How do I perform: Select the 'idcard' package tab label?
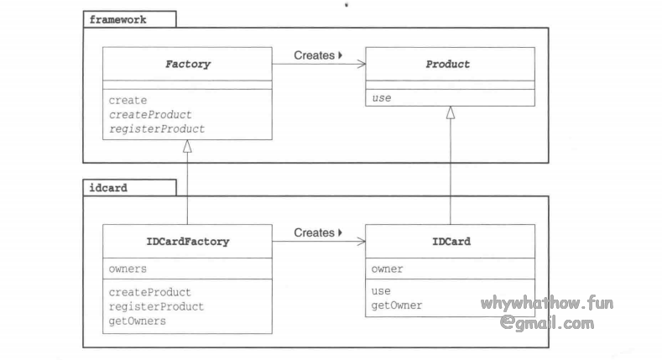[108, 188]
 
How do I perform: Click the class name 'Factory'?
[187, 64]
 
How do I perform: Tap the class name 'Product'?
[450, 64]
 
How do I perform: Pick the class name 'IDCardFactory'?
[187, 242]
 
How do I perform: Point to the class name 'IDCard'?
[450, 242]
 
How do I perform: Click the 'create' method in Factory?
[128, 100]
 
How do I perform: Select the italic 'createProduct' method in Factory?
[150, 114]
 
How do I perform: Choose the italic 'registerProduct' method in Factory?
[156, 128]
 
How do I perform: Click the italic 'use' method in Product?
[381, 98]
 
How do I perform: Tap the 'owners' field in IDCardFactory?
[128, 269]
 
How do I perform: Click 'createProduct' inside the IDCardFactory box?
[150, 292]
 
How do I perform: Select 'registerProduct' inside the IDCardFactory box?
[156, 306]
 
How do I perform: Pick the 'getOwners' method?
[138, 321]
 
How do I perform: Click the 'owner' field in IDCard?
[387, 269]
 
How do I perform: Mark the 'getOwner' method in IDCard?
[396, 305]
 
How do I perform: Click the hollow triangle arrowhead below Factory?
[187, 146]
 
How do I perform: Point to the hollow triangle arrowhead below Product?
[451, 113]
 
